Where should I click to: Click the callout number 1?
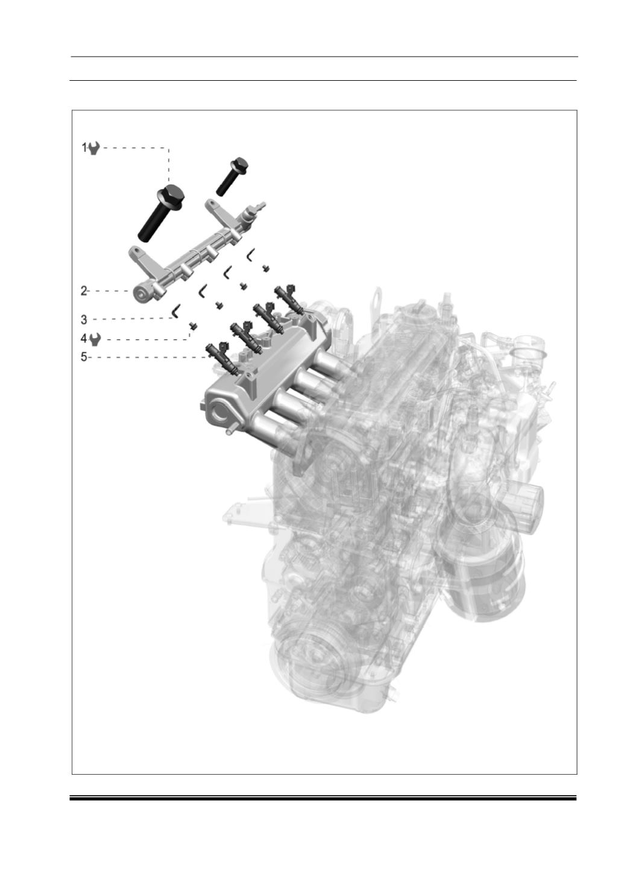(84, 148)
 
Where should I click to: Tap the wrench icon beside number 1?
(94, 149)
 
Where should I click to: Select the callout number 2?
(84, 291)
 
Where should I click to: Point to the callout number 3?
(84, 319)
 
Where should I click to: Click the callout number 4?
(84, 339)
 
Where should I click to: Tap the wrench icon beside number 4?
(95, 339)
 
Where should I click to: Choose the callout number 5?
(84, 357)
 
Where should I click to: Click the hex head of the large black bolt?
(171, 195)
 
